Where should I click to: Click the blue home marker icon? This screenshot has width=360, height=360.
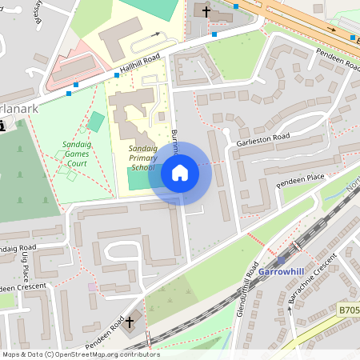coord(180,173)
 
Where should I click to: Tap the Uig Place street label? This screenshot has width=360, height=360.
coord(30,263)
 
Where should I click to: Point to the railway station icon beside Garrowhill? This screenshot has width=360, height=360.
coord(280,260)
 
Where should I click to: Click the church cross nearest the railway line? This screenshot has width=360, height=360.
coord(130,321)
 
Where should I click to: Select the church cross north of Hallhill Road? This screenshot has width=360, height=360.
coord(206,11)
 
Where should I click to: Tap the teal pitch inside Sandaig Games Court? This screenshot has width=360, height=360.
coord(96,122)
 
